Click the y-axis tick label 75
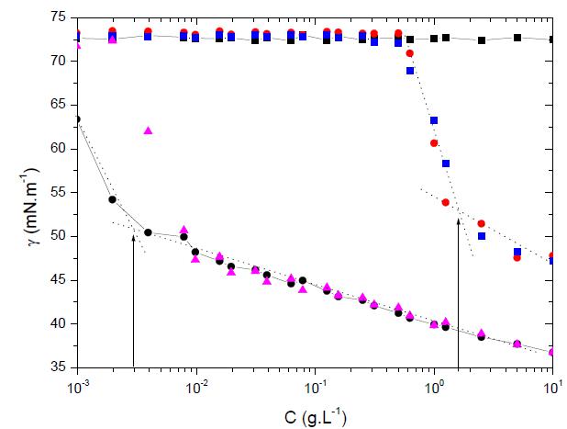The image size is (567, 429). (x=60, y=17)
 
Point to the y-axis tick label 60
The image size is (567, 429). (x=60, y=148)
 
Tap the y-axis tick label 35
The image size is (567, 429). (x=60, y=367)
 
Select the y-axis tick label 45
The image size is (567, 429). (x=60, y=280)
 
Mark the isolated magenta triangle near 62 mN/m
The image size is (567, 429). (x=149, y=130)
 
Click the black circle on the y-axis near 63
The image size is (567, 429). (x=77, y=119)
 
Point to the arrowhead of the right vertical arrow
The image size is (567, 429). (x=457, y=211)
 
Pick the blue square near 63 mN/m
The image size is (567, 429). (x=434, y=120)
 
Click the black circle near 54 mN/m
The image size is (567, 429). (x=113, y=199)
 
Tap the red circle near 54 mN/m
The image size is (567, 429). (x=446, y=202)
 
